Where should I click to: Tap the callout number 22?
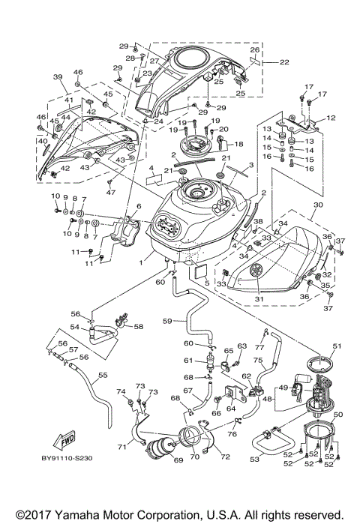click(284, 62)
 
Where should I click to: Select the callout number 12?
click(331, 118)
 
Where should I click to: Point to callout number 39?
click(57, 77)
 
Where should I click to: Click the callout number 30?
click(318, 204)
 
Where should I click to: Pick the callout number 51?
click(336, 345)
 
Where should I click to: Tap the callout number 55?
click(103, 375)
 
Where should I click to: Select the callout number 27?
click(154, 61)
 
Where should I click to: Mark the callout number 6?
click(138, 206)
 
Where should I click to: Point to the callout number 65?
click(228, 351)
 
